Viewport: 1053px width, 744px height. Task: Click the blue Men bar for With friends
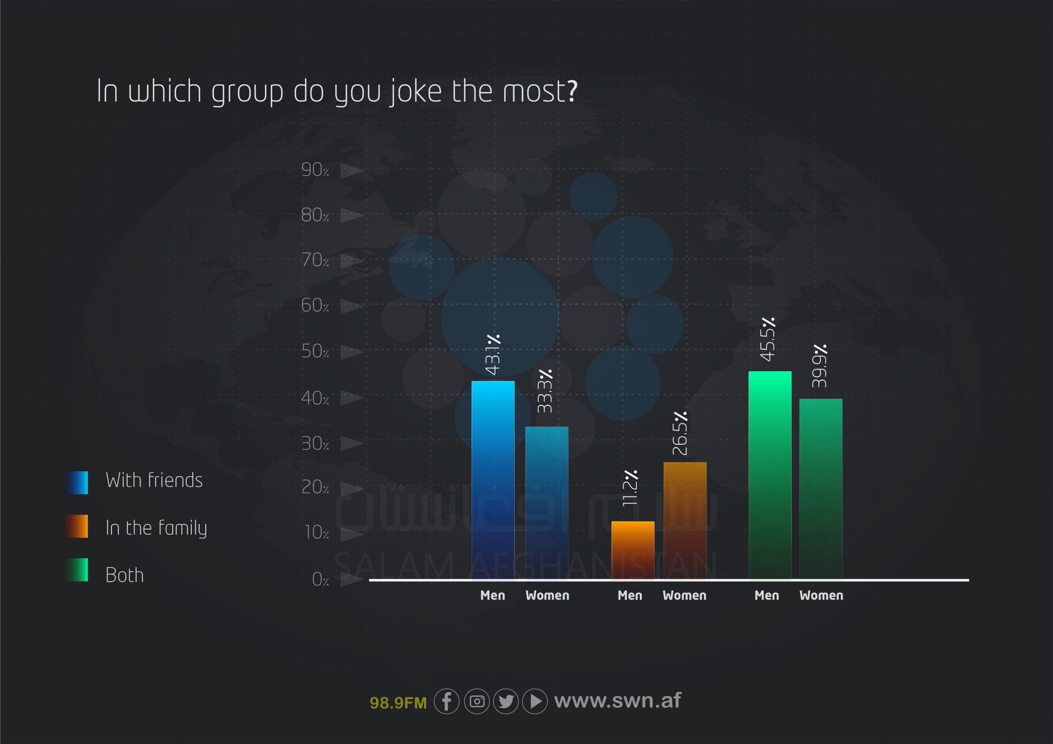pos(493,481)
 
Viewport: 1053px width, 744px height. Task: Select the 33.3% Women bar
pos(547,504)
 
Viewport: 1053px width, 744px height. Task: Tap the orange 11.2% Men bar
pos(633,550)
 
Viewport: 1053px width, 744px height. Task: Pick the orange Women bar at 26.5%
pos(685,521)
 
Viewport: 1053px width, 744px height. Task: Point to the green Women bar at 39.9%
pos(821,489)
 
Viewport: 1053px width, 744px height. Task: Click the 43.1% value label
pos(493,354)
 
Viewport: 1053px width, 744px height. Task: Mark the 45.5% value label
pos(768,339)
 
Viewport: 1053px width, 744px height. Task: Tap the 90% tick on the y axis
pos(315,170)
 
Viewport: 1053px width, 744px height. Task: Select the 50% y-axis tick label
pos(315,351)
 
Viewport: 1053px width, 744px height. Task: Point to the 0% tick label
pos(320,580)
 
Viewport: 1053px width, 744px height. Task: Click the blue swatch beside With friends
pos(77,483)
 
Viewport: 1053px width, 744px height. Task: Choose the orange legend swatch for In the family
pos(77,526)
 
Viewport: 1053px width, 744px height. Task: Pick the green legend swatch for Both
pos(77,570)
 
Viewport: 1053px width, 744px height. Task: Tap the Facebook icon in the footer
pos(447,701)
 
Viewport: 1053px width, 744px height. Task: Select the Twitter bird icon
pos(506,701)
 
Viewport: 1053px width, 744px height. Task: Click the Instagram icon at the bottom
pos(477,701)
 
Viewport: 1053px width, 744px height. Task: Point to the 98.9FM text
pos(398,703)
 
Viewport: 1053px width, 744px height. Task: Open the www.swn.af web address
pos(618,700)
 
